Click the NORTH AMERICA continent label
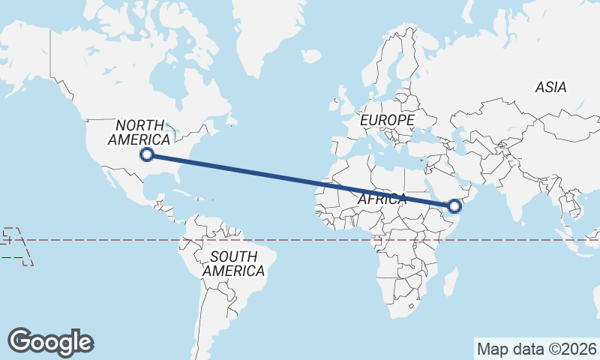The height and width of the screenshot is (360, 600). [139, 132]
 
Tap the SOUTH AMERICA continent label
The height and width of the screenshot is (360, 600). [234, 263]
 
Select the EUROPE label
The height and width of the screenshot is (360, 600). [387, 120]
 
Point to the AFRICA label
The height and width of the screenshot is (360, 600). [382, 199]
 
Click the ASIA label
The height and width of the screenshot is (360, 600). [550, 88]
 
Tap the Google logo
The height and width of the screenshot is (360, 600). [50, 342]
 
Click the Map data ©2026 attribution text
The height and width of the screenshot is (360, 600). [537, 349]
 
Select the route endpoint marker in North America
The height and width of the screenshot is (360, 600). [148, 154]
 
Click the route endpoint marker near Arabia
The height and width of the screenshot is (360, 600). [454, 205]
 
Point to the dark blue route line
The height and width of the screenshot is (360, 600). [300, 180]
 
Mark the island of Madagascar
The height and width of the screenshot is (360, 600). [451, 283]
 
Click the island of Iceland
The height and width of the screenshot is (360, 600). [310, 56]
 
